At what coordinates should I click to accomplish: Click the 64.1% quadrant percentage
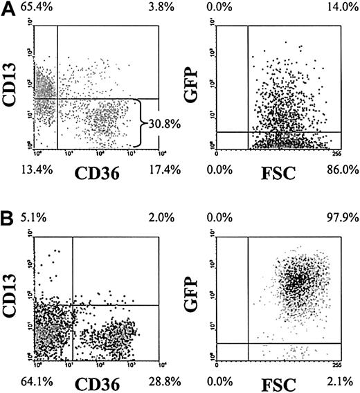(x=17, y=379)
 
